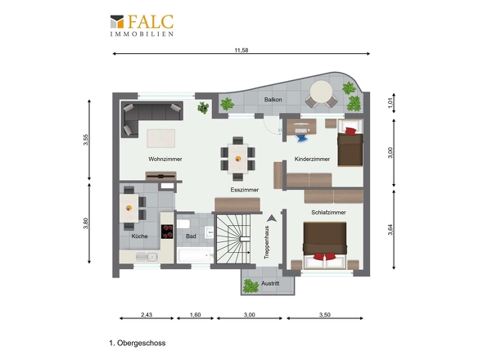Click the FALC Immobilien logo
pyautogui.click(x=142, y=25)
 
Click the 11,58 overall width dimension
pyautogui.click(x=241, y=50)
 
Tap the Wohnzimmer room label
pyautogui.click(x=165, y=159)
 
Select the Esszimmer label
pyautogui.click(x=244, y=190)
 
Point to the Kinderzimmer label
pyautogui.click(x=312, y=159)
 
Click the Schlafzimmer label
pyautogui.click(x=328, y=212)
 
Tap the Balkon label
pyautogui.click(x=273, y=100)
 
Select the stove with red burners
pyautogui.click(x=167, y=232)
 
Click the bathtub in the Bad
pyautogui.click(x=196, y=255)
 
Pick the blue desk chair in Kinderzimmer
pyautogui.click(x=301, y=137)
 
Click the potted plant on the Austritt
pyautogui.click(x=251, y=286)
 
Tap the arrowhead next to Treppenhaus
pyautogui.click(x=271, y=218)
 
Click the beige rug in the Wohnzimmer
pyautogui.click(x=160, y=138)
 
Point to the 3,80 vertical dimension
pyautogui.click(x=86, y=223)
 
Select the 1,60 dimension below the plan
pyautogui.click(x=196, y=315)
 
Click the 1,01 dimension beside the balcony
pyautogui.click(x=390, y=103)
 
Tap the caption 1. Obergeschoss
pyautogui.click(x=138, y=343)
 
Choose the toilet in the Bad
pyautogui.click(x=183, y=223)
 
